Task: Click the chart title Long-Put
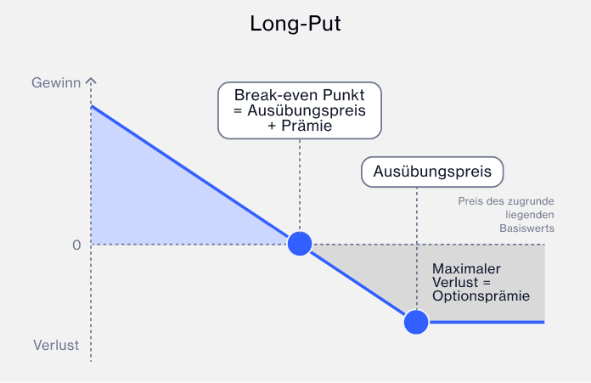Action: click(295, 24)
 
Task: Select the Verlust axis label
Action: click(56, 346)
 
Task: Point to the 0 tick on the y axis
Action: click(76, 245)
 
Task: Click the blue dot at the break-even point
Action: click(300, 244)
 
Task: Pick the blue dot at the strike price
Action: click(416, 322)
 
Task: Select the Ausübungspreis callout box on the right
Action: click(432, 172)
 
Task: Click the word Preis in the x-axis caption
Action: click(471, 201)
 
